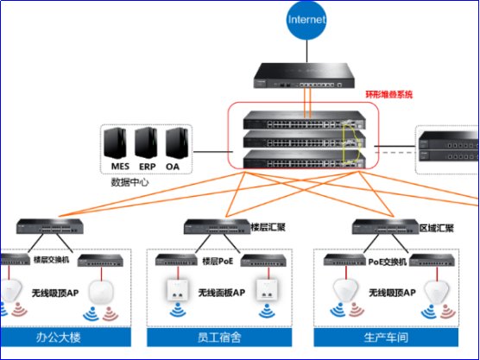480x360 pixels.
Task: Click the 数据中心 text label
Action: coord(129,183)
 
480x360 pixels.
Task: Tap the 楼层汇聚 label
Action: coord(268,226)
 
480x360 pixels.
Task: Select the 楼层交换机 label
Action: coord(52,258)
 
